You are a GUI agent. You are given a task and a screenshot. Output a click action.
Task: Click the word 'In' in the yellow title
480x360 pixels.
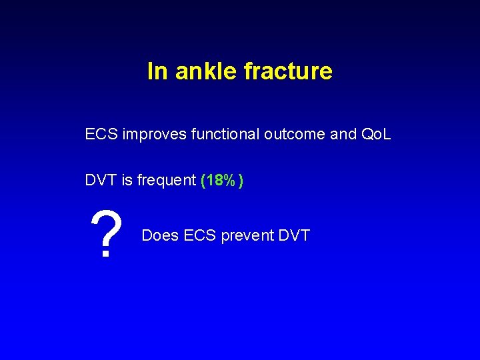tap(157, 71)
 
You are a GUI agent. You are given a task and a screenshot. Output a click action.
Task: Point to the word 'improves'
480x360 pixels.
tap(155, 134)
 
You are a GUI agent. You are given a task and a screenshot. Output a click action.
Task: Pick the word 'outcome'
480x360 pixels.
tap(294, 134)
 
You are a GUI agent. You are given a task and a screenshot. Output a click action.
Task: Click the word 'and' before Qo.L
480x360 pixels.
tap(343, 134)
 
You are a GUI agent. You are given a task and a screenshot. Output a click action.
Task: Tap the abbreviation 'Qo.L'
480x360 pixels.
tap(376, 134)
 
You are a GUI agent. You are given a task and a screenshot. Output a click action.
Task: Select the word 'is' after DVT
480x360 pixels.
tap(127, 180)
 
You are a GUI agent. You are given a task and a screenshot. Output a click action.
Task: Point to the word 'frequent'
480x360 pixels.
tap(167, 180)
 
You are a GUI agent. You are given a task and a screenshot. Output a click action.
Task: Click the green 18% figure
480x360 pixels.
tap(221, 180)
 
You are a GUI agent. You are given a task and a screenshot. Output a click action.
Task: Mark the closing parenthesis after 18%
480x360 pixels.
tap(241, 181)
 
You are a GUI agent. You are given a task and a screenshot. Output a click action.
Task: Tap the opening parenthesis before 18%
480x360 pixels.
tap(203, 181)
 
